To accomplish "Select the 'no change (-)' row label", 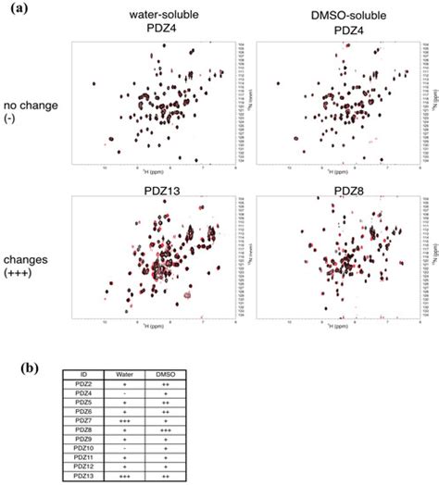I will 32,111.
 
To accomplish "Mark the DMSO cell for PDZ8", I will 176,429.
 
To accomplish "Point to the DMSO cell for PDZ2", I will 176,383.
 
